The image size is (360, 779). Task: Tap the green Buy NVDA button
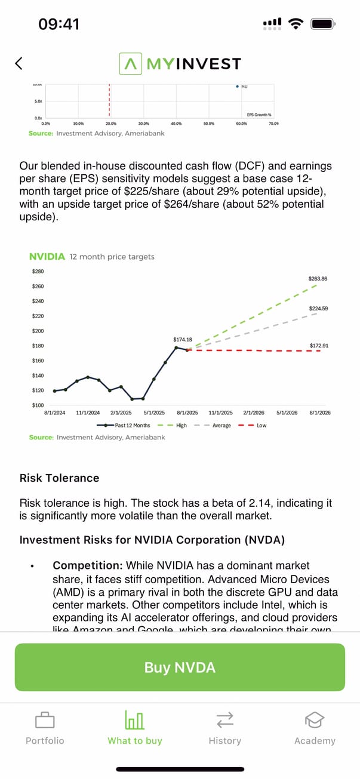pyautogui.click(x=180, y=667)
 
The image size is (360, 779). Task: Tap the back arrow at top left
pyautogui.click(x=19, y=63)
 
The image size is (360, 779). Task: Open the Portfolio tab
pyautogui.click(x=45, y=728)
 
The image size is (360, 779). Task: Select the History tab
pyautogui.click(x=224, y=728)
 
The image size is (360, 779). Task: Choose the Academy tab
pyautogui.click(x=315, y=728)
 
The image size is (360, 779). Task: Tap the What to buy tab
pyautogui.click(x=135, y=728)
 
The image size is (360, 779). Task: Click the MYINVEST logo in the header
pyautogui.click(x=180, y=63)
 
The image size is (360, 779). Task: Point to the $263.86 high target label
pyautogui.click(x=318, y=279)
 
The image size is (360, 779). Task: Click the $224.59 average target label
pyautogui.click(x=319, y=309)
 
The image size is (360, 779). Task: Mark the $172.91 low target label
pyautogui.click(x=319, y=346)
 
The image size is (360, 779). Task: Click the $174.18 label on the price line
pyautogui.click(x=183, y=339)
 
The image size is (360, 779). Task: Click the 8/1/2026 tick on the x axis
pyautogui.click(x=320, y=412)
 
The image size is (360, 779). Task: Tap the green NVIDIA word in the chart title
pyautogui.click(x=47, y=257)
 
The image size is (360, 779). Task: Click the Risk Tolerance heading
pyautogui.click(x=60, y=478)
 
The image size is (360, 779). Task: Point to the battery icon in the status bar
pyautogui.click(x=322, y=24)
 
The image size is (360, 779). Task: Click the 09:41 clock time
pyautogui.click(x=59, y=24)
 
